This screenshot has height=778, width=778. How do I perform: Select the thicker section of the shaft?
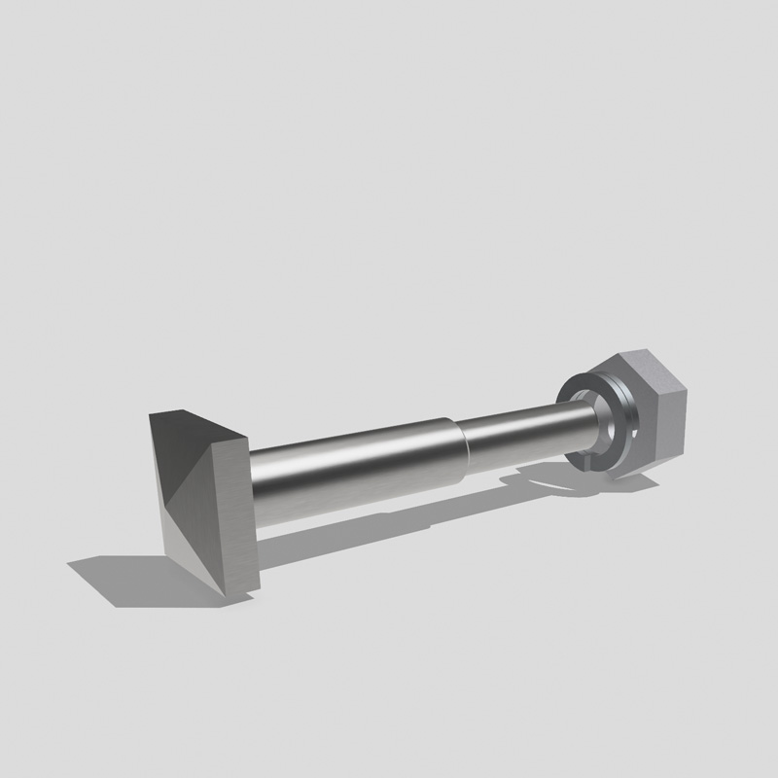click(350, 472)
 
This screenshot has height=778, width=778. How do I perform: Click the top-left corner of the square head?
click(151, 415)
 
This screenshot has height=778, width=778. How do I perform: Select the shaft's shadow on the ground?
click(389, 525)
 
